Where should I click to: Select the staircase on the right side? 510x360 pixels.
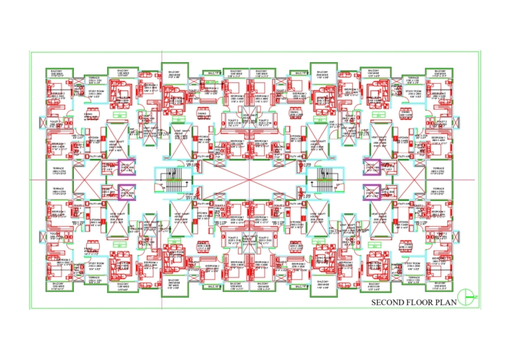point(320,178)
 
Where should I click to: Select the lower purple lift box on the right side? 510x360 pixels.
point(373,191)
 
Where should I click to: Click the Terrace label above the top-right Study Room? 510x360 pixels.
point(415,77)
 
